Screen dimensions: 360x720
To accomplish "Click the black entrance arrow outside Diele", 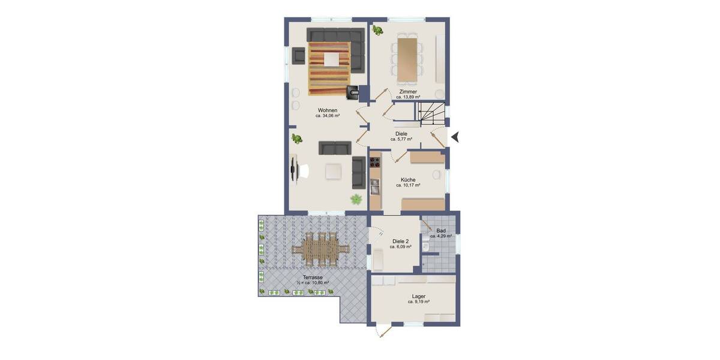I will click(455, 137).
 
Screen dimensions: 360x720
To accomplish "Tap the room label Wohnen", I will click(328, 110).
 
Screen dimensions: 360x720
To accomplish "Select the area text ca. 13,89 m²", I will click(408, 97).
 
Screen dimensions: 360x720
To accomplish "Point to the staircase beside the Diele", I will click(431, 113).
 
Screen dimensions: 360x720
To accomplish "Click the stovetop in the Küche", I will click(375, 161).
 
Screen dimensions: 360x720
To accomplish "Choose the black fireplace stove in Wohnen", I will click(353, 92).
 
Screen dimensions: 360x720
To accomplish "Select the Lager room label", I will click(419, 296).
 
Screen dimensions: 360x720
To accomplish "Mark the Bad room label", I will click(441, 230).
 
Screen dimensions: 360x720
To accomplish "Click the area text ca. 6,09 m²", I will click(400, 247).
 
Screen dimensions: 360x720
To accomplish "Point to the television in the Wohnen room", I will click(293, 168).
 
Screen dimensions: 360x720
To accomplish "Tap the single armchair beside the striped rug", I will click(299, 56).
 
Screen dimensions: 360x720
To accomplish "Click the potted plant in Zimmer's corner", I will click(377, 30).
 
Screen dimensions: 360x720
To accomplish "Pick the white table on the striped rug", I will click(331, 59).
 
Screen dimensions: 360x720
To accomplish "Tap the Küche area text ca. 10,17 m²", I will click(408, 185).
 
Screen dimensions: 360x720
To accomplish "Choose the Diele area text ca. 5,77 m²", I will click(401, 139).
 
